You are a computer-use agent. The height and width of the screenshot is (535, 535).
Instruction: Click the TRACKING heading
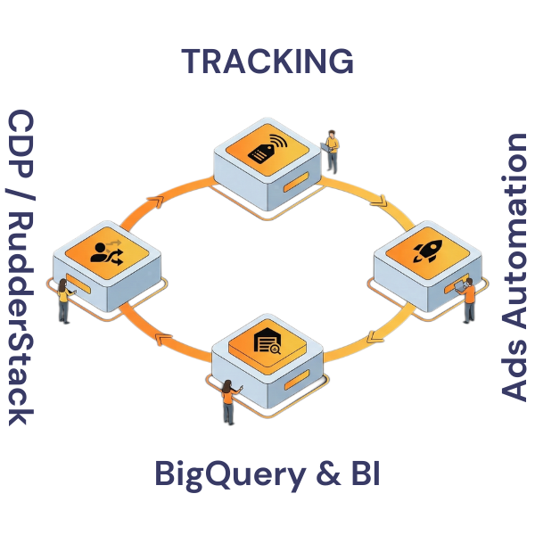(x=267, y=62)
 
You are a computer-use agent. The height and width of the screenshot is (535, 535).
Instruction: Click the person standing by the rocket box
(x=469, y=300)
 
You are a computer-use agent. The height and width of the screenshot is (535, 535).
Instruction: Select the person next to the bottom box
(x=228, y=401)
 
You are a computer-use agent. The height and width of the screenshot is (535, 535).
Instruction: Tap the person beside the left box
(x=64, y=301)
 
